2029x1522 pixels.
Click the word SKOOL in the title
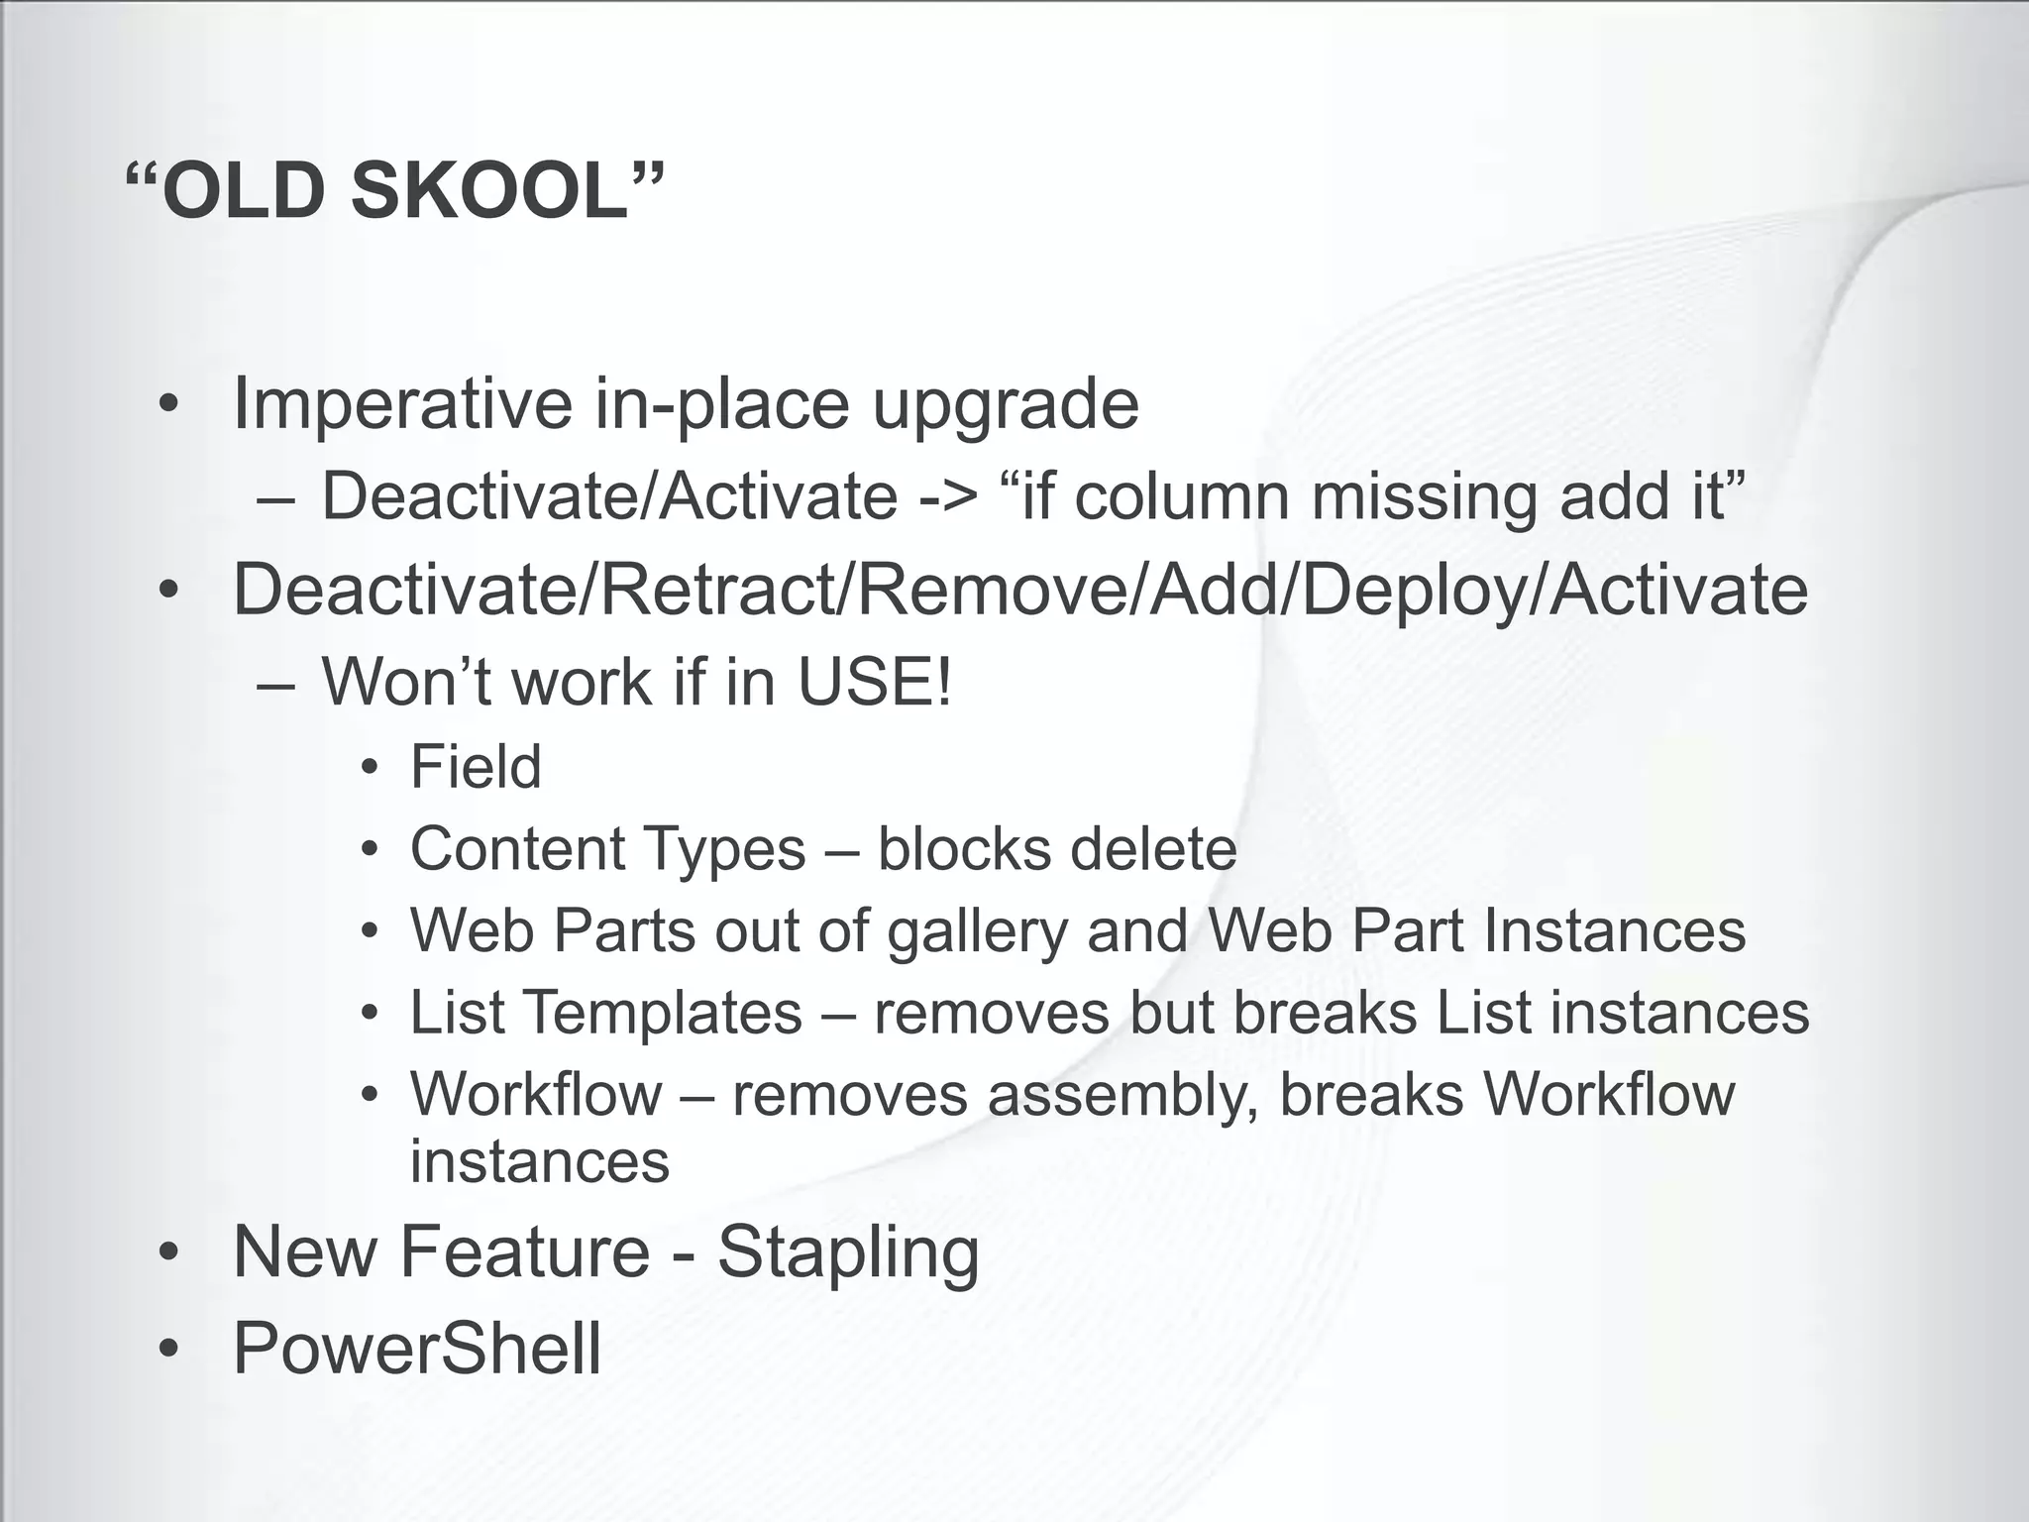coord(491,190)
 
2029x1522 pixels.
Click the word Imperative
coord(401,404)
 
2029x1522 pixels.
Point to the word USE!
coord(875,682)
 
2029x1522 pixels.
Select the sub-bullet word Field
coord(476,767)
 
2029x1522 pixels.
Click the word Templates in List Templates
coord(663,1013)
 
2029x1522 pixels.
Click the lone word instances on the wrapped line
coord(540,1161)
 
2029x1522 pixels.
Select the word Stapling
coord(848,1252)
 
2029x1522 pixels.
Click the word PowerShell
coord(417,1349)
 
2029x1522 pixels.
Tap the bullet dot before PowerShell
coord(169,1350)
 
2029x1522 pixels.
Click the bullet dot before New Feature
coord(169,1252)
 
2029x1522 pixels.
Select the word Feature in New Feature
coord(524,1251)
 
